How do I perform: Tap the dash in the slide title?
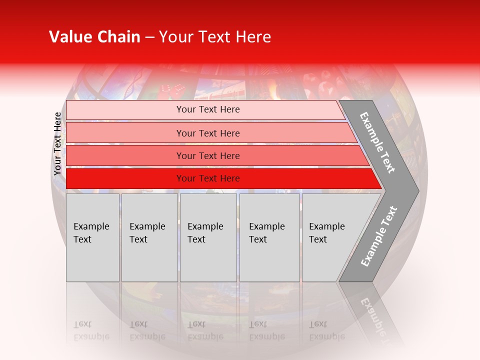[x=149, y=37]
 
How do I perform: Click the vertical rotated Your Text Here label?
[x=58, y=143]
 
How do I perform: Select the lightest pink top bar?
[x=207, y=109]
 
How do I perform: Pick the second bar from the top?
[x=207, y=133]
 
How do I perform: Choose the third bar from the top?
[x=207, y=155]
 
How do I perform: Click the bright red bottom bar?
[x=207, y=178]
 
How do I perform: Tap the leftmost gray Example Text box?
[x=92, y=237]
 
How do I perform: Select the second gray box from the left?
[x=149, y=237]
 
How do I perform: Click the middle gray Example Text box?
[x=208, y=237]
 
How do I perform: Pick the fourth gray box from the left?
[x=269, y=237]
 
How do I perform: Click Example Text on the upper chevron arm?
[x=377, y=142]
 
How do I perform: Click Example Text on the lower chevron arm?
[x=378, y=236]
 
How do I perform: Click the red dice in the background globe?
[x=172, y=90]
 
